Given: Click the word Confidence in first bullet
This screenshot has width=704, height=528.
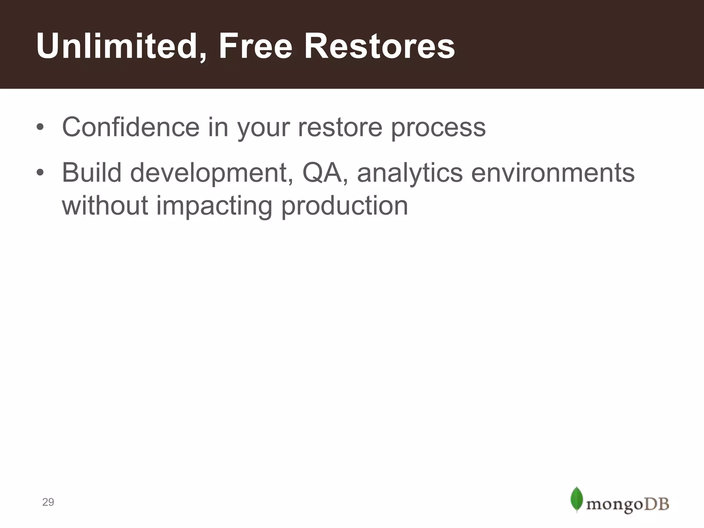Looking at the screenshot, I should pyautogui.click(x=131, y=127).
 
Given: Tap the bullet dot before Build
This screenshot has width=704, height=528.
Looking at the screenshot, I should pyautogui.click(x=40, y=173).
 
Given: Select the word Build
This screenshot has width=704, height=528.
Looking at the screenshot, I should pyautogui.click(x=91, y=173).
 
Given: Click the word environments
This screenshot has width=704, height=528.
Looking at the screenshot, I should pyautogui.click(x=553, y=173).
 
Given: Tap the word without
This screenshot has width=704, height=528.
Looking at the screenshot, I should pyautogui.click(x=105, y=206).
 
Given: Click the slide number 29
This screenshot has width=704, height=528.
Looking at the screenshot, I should pyautogui.click(x=48, y=502).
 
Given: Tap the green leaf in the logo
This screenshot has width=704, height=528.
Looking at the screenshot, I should pyautogui.click(x=576, y=499).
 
